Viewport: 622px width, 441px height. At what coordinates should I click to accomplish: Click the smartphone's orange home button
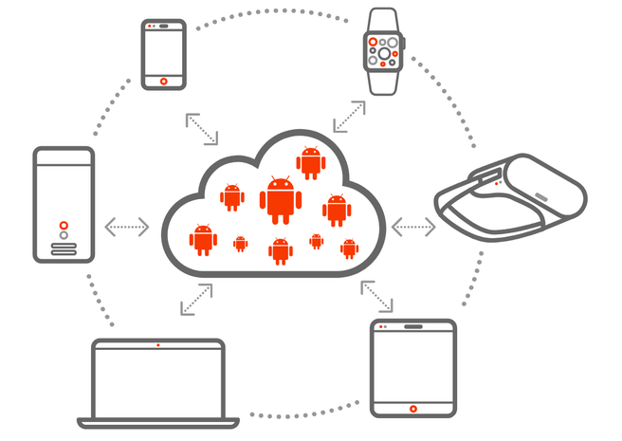pos(164,80)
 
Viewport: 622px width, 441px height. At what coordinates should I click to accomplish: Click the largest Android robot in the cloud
pos(281,199)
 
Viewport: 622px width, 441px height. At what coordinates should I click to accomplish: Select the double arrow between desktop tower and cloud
pos(127,227)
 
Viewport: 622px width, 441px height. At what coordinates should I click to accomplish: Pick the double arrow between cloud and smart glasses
pos(413,227)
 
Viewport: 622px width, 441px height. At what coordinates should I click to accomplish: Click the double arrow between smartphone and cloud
pos(200,129)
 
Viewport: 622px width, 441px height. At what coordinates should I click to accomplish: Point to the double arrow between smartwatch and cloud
pos(348,118)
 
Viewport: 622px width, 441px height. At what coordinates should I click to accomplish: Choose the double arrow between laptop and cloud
pos(196,299)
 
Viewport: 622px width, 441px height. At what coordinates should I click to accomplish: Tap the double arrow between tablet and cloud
pos(375,296)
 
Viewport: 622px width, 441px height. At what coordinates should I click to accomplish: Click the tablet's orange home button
pos(412,408)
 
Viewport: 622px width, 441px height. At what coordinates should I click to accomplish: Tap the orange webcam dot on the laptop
pos(157,344)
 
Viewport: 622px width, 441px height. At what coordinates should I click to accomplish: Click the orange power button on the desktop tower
pos(64,226)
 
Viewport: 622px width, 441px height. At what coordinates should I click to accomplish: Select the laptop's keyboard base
pos(157,420)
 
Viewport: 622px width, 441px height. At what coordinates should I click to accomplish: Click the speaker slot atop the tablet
pos(413,326)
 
